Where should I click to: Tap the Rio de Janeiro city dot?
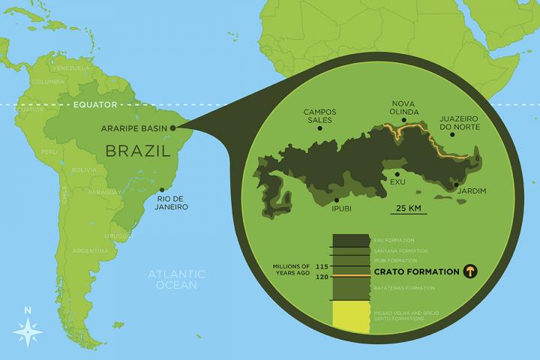pos(162,189)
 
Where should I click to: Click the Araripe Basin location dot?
pos(173,128)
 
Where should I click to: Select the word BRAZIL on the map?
pos(135,151)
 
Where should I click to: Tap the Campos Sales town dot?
pos(320,128)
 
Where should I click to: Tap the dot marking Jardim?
pos(456,182)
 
